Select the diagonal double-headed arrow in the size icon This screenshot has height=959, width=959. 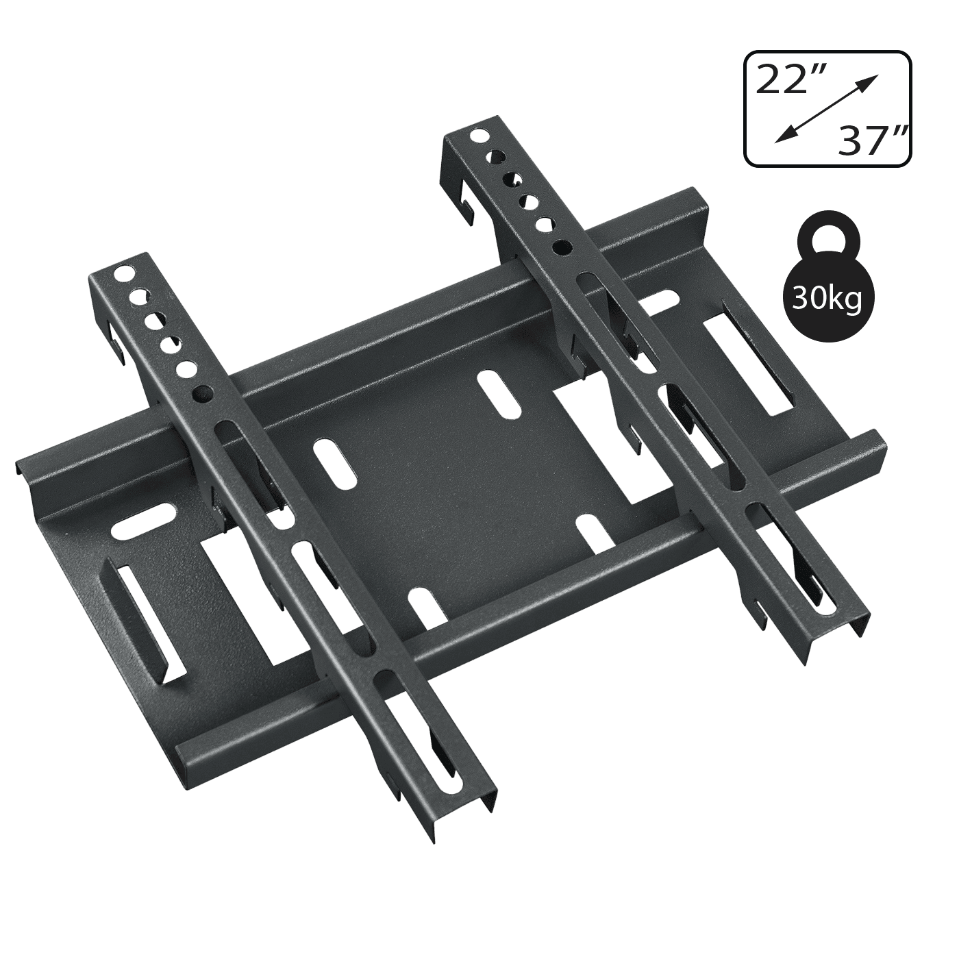pos(825,110)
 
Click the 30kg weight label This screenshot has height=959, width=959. pos(826,299)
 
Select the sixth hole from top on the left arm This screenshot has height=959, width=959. pos(203,394)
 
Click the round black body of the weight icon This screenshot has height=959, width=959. pos(826,298)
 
